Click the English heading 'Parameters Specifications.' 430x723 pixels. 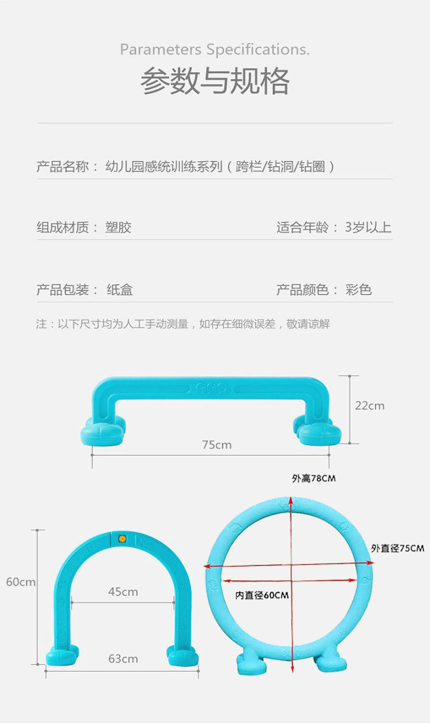(x=214, y=50)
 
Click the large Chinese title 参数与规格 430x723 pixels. (x=215, y=81)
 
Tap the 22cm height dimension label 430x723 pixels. (x=370, y=406)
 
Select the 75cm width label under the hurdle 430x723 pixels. (x=217, y=445)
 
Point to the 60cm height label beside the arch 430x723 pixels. (x=21, y=582)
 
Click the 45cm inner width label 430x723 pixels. (x=123, y=592)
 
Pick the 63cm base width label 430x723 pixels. (x=123, y=659)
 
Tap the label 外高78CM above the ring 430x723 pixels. (x=314, y=478)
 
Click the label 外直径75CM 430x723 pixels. (x=397, y=548)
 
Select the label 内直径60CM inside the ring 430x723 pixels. (x=262, y=595)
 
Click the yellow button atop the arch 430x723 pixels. (x=122, y=539)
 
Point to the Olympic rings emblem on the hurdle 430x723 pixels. (x=211, y=388)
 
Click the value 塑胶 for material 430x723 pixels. (x=119, y=227)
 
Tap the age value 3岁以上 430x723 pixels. (x=368, y=227)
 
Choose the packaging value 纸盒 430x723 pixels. (x=120, y=290)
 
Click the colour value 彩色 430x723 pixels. (x=359, y=290)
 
